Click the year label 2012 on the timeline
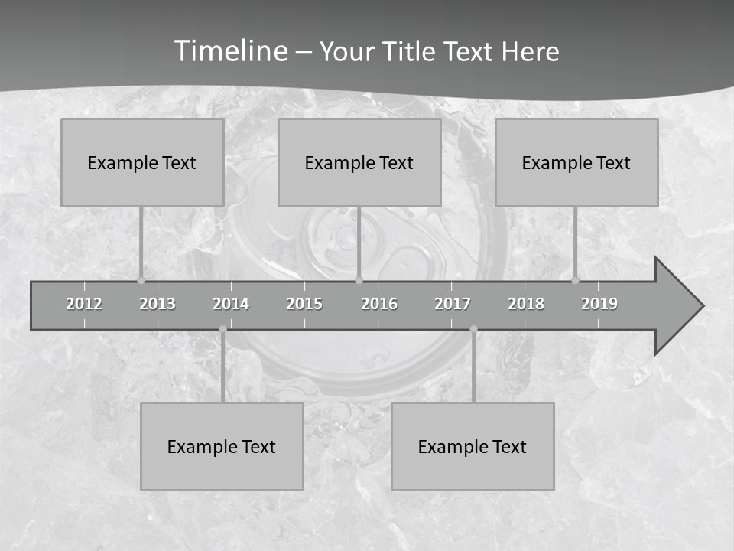click(x=84, y=304)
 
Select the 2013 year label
click(x=158, y=304)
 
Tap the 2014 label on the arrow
click(x=231, y=304)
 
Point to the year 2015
click(x=304, y=304)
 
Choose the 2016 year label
click(x=379, y=304)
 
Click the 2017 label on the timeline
click(x=453, y=304)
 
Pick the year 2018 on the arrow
click(x=526, y=304)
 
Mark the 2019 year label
click(x=599, y=304)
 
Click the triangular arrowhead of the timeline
click(x=677, y=306)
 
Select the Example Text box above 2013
click(x=142, y=162)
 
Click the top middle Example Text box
click(x=359, y=162)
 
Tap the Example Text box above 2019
click(x=576, y=162)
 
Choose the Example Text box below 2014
click(x=222, y=446)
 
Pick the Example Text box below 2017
click(x=473, y=446)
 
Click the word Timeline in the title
click(x=229, y=51)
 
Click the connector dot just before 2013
click(x=141, y=281)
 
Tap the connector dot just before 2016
click(x=359, y=281)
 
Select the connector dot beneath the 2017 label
click(x=473, y=329)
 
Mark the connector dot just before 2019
click(x=575, y=281)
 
